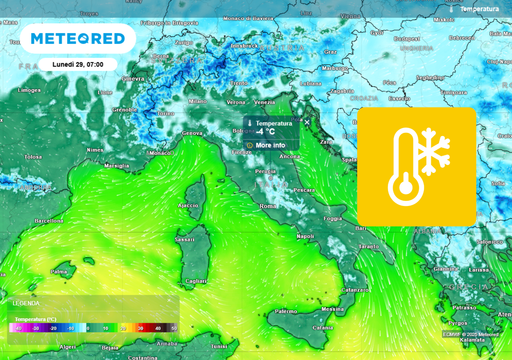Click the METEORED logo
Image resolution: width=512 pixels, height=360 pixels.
pos(78,38)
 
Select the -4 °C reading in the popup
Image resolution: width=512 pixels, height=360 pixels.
pos(266,132)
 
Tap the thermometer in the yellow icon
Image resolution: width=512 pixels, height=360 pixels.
pos(401,170)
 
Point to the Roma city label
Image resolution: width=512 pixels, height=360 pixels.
pos(267,206)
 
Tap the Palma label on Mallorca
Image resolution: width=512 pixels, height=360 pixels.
pos(60,271)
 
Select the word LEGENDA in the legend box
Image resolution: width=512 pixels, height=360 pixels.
pos(26,302)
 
